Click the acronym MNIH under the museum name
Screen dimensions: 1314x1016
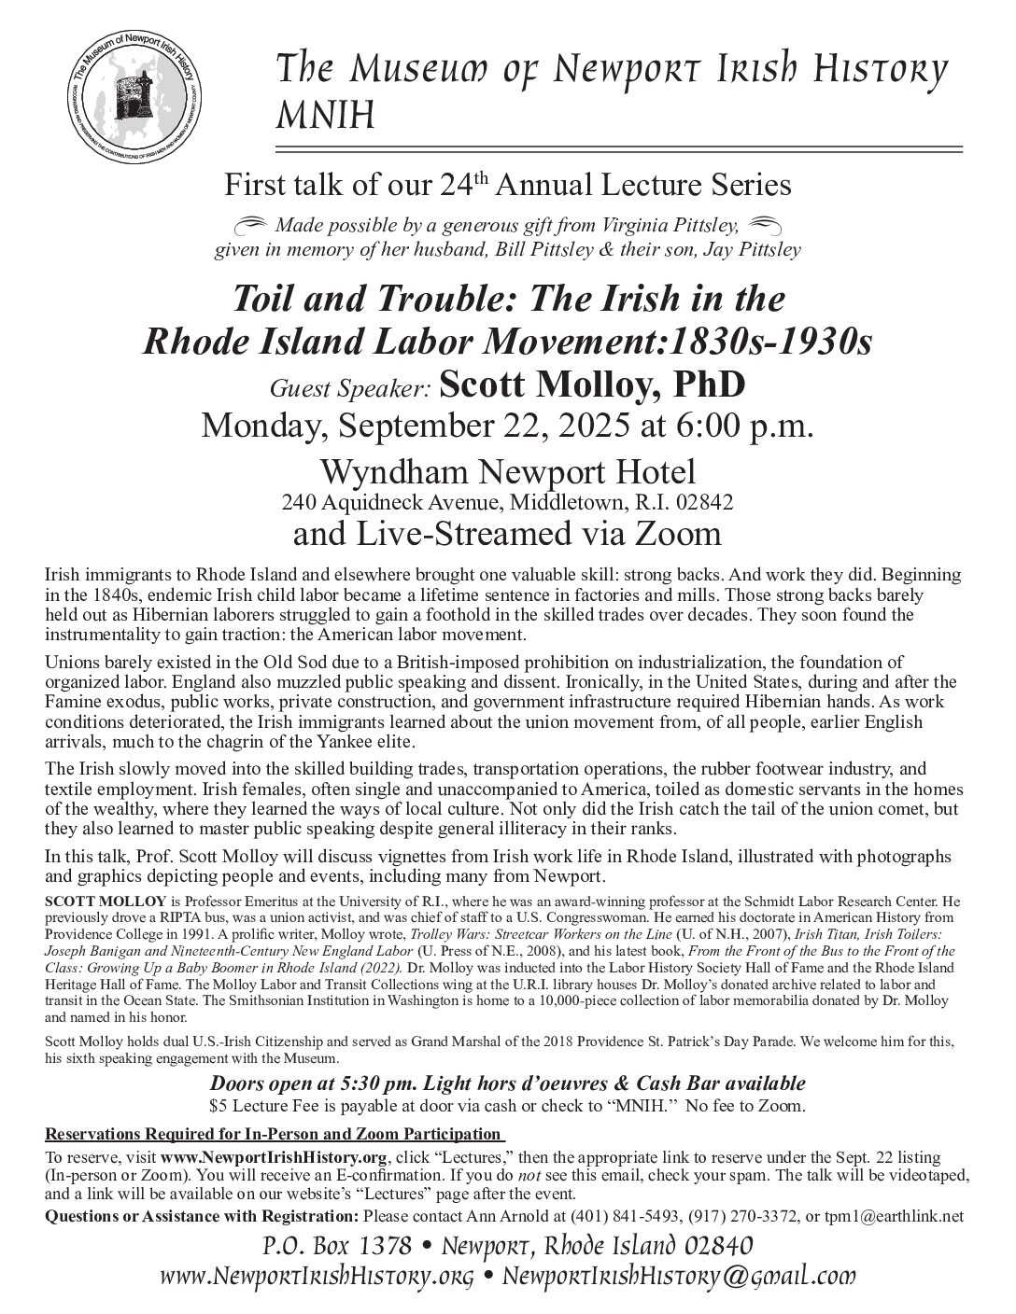322,117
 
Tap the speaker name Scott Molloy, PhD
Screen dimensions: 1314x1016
592,383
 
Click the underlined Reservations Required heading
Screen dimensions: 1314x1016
275,1134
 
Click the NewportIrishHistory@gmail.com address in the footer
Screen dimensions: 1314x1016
679,1277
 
